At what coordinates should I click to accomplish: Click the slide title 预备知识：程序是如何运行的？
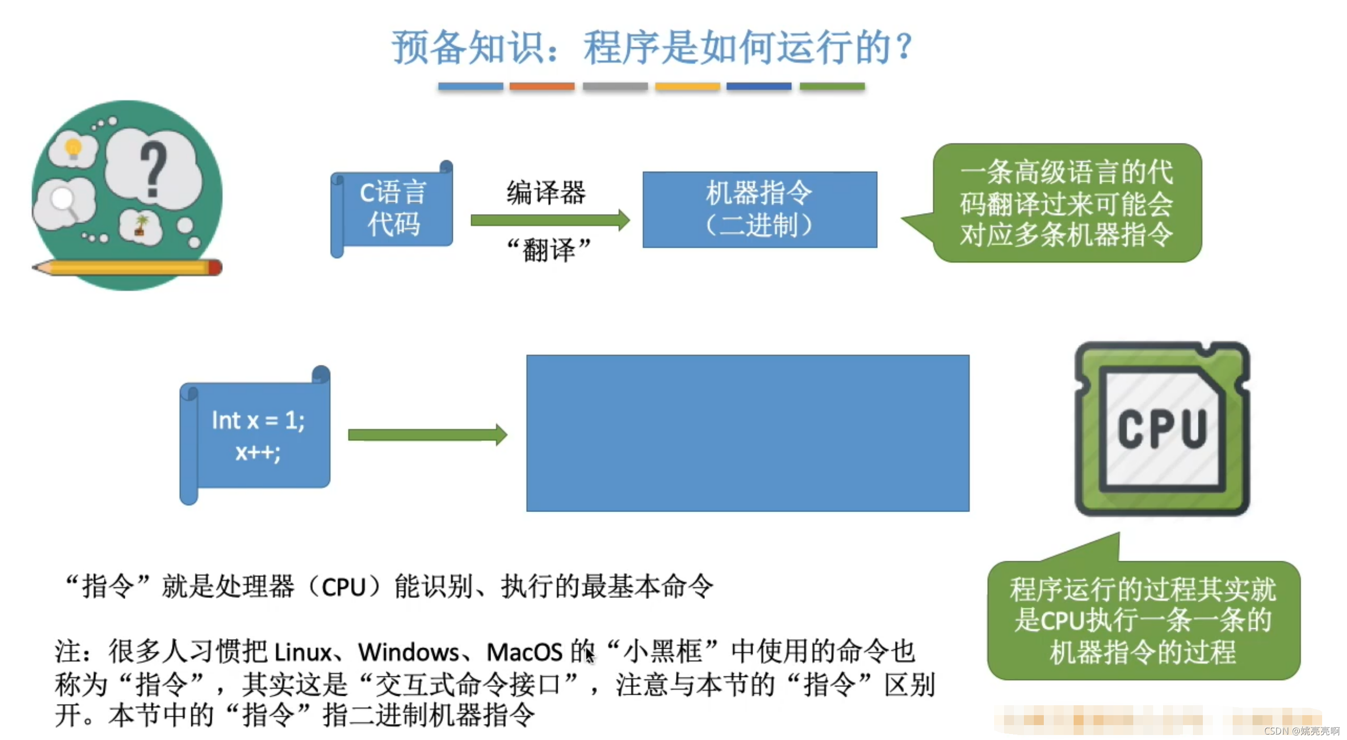click(x=653, y=47)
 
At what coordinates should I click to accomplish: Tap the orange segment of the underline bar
click(x=542, y=86)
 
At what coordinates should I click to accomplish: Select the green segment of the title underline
click(x=832, y=86)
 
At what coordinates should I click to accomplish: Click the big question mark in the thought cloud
click(x=153, y=170)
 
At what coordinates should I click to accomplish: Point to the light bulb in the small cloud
click(x=73, y=148)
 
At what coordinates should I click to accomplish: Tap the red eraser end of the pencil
click(x=215, y=268)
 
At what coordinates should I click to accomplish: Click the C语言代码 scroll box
click(x=392, y=209)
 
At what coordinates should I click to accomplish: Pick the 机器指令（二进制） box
click(x=759, y=209)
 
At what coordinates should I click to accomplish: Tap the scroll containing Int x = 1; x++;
click(x=256, y=436)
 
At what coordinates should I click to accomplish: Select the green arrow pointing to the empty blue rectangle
click(x=426, y=435)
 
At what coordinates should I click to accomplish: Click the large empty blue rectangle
click(x=747, y=433)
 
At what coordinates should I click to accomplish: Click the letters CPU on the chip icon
click(x=1162, y=429)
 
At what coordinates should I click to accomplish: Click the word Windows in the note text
click(x=408, y=652)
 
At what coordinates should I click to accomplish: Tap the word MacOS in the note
click(x=524, y=652)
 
